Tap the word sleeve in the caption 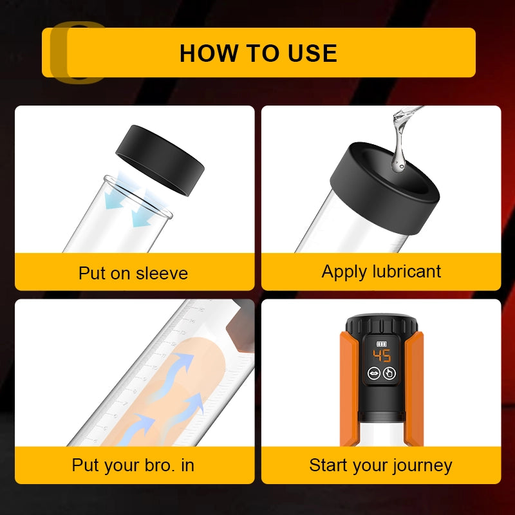coord(162,273)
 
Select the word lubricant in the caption coord(407,271)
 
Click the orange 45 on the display coord(382,356)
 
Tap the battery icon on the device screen coord(382,344)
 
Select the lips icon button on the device coord(374,373)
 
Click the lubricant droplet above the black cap coord(398,160)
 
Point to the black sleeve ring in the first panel coord(160,160)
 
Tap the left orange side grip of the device coord(349,389)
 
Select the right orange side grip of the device coord(414,389)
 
